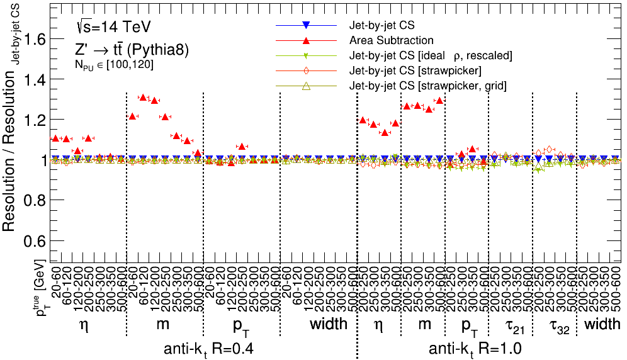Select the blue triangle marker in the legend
(305, 25)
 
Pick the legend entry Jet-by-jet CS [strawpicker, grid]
(428, 86)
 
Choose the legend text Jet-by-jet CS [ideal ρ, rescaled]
(431, 56)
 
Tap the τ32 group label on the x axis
(554, 325)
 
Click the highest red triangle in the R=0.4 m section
(143, 98)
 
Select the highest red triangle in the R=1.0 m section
(439, 100)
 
